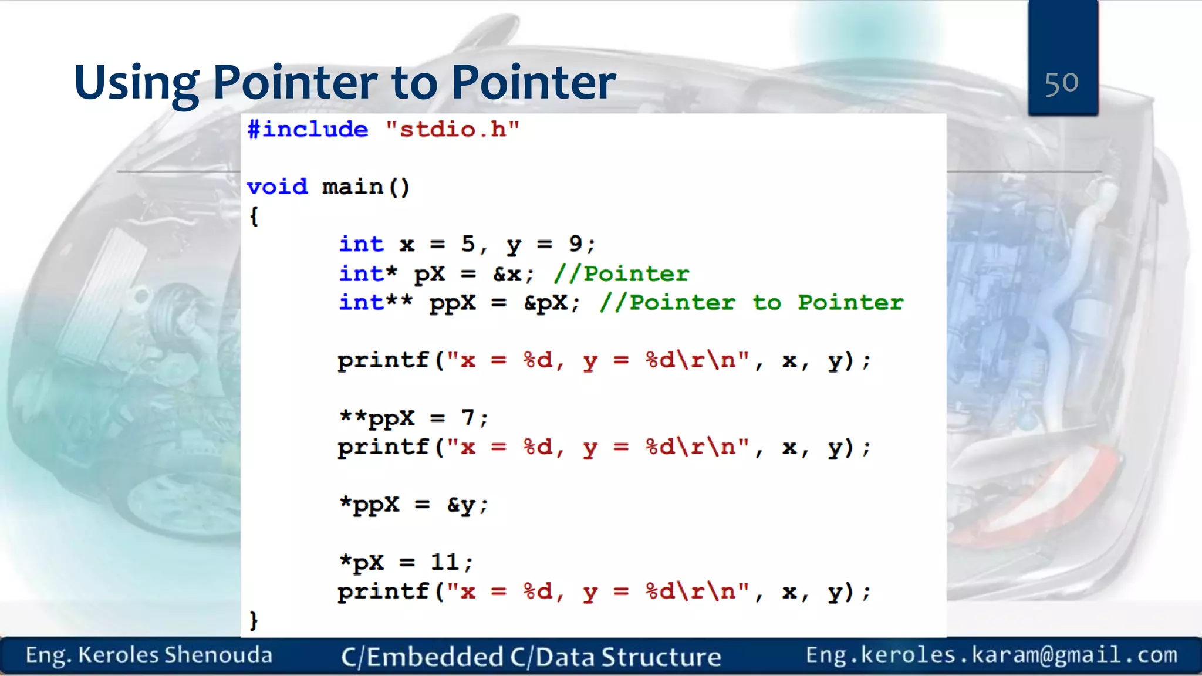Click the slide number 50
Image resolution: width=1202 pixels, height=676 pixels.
point(1061,83)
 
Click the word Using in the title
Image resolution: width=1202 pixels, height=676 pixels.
point(136,83)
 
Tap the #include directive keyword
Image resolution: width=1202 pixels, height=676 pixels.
point(308,129)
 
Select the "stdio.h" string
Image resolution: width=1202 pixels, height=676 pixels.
point(453,129)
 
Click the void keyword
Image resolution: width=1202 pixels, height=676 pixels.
point(277,187)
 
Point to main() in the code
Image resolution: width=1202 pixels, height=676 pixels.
point(366,187)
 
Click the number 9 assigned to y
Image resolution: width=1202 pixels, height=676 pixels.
point(575,244)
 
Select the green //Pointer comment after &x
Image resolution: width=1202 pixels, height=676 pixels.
point(621,273)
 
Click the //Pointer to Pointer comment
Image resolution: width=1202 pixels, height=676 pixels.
point(751,303)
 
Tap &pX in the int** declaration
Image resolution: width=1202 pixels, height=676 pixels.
point(546,303)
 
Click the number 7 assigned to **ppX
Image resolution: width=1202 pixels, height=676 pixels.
point(468,418)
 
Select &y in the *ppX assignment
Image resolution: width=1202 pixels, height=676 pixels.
point(461,505)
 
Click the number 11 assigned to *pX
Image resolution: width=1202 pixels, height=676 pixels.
point(445,562)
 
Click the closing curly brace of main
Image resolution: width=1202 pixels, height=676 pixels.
point(254,620)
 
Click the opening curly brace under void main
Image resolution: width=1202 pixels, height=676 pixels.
point(254,216)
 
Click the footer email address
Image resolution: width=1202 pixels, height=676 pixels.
point(991,655)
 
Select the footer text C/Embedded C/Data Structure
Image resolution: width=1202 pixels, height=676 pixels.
point(531,657)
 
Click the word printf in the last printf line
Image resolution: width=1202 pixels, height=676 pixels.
point(383,591)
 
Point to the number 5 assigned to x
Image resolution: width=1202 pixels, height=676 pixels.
point(468,244)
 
